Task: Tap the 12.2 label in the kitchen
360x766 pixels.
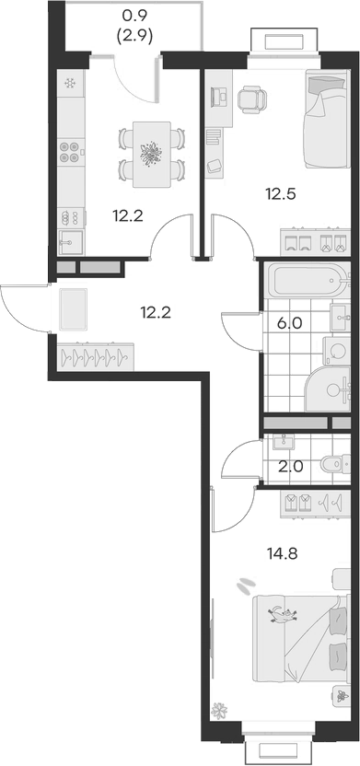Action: pyautogui.click(x=127, y=216)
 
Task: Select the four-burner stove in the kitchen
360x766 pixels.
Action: pyautogui.click(x=70, y=152)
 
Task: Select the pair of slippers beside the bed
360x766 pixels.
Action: pyautogui.click(x=246, y=584)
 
